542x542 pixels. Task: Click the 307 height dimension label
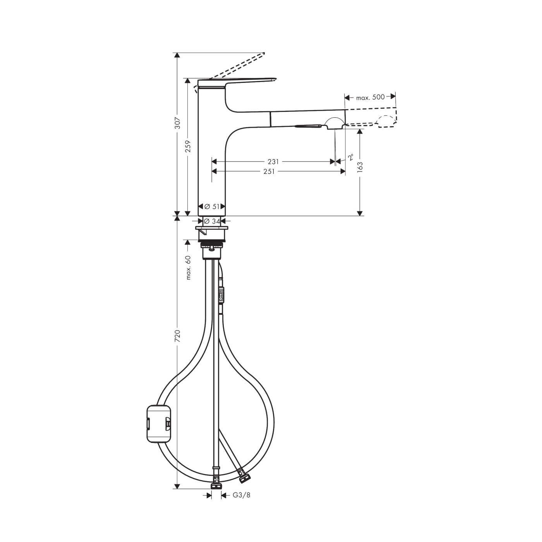[177, 123]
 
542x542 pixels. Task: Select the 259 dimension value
[188, 146]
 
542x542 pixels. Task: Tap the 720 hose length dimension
[177, 336]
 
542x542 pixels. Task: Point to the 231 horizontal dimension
[273, 162]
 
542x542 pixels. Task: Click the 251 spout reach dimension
[269, 172]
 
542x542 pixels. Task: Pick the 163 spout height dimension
[360, 167]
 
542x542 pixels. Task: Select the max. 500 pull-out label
[370, 97]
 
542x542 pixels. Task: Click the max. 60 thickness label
[188, 268]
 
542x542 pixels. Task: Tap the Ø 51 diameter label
[212, 207]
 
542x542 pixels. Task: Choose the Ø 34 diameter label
[212, 221]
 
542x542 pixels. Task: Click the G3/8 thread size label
[241, 495]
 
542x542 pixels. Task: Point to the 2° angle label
[350, 157]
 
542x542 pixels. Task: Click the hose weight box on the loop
[159, 423]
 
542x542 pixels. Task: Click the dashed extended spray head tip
[387, 121]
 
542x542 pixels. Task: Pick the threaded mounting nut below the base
[211, 245]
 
